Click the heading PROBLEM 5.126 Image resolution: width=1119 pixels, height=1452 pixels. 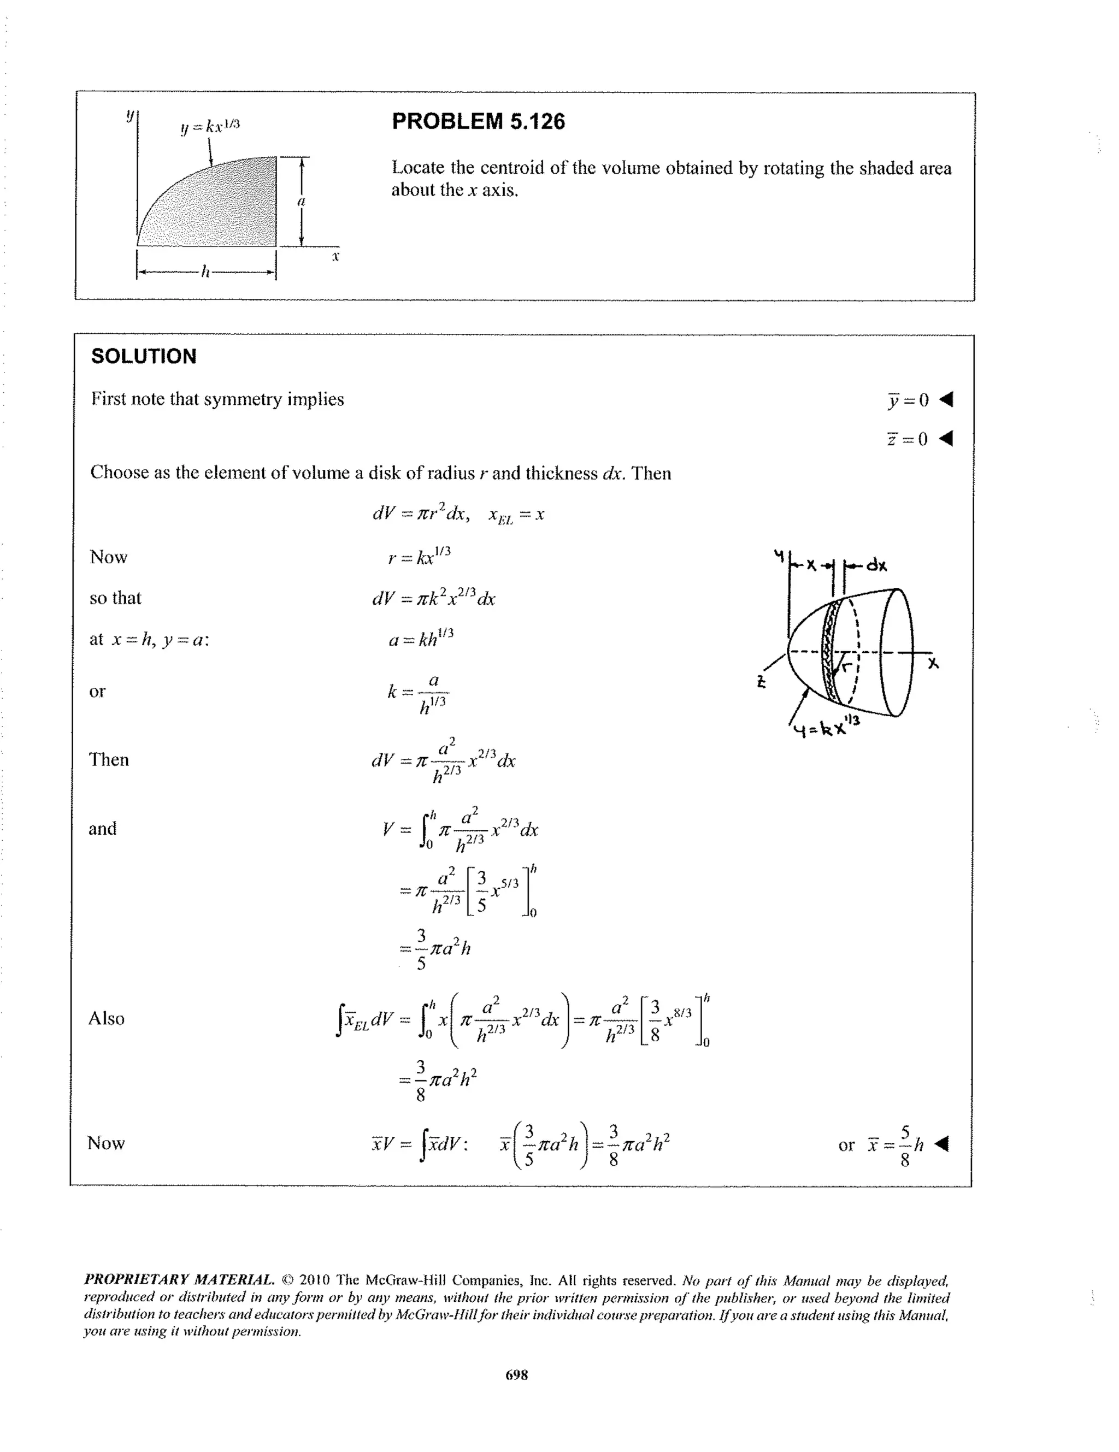[478, 121]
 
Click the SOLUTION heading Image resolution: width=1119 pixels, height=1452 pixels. [144, 356]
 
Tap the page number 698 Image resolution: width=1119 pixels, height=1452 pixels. [517, 1375]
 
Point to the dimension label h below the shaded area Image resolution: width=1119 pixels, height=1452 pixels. [205, 271]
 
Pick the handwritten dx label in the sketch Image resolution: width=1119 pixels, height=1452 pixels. [876, 566]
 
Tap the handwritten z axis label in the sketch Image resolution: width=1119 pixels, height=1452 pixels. [761, 681]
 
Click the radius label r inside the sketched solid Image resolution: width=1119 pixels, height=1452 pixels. [847, 665]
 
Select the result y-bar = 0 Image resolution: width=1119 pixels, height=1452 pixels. [908, 400]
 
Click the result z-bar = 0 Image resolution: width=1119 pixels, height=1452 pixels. [908, 439]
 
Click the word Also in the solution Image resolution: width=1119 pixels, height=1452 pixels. [107, 1018]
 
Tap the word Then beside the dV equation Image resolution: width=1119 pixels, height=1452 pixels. [109, 759]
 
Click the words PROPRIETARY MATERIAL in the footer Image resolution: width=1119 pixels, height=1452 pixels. [179, 1280]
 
